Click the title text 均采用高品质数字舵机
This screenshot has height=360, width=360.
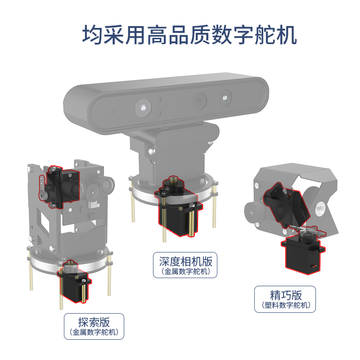pyautogui.click(x=189, y=34)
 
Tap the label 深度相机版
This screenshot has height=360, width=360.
pyautogui.click(x=185, y=261)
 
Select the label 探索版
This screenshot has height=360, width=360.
pyautogui.click(x=94, y=322)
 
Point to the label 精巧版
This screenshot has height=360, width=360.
pyautogui.click(x=286, y=295)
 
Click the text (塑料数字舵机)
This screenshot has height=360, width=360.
pyautogui.click(x=286, y=306)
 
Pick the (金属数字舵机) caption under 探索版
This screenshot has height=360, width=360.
pyautogui.click(x=94, y=333)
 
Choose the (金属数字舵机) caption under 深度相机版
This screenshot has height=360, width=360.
pyautogui.click(x=185, y=271)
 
